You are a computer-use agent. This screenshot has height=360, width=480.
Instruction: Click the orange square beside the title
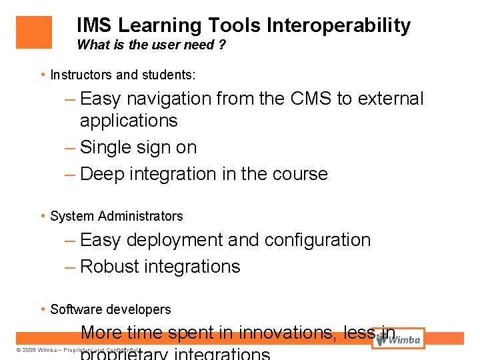point(33,32)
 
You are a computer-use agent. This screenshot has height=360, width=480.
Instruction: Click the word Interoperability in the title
point(339,26)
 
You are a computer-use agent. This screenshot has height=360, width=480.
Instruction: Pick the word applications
point(129,121)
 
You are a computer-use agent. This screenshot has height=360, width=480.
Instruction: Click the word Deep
point(102,174)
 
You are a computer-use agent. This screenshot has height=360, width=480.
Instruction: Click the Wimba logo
point(399,339)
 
